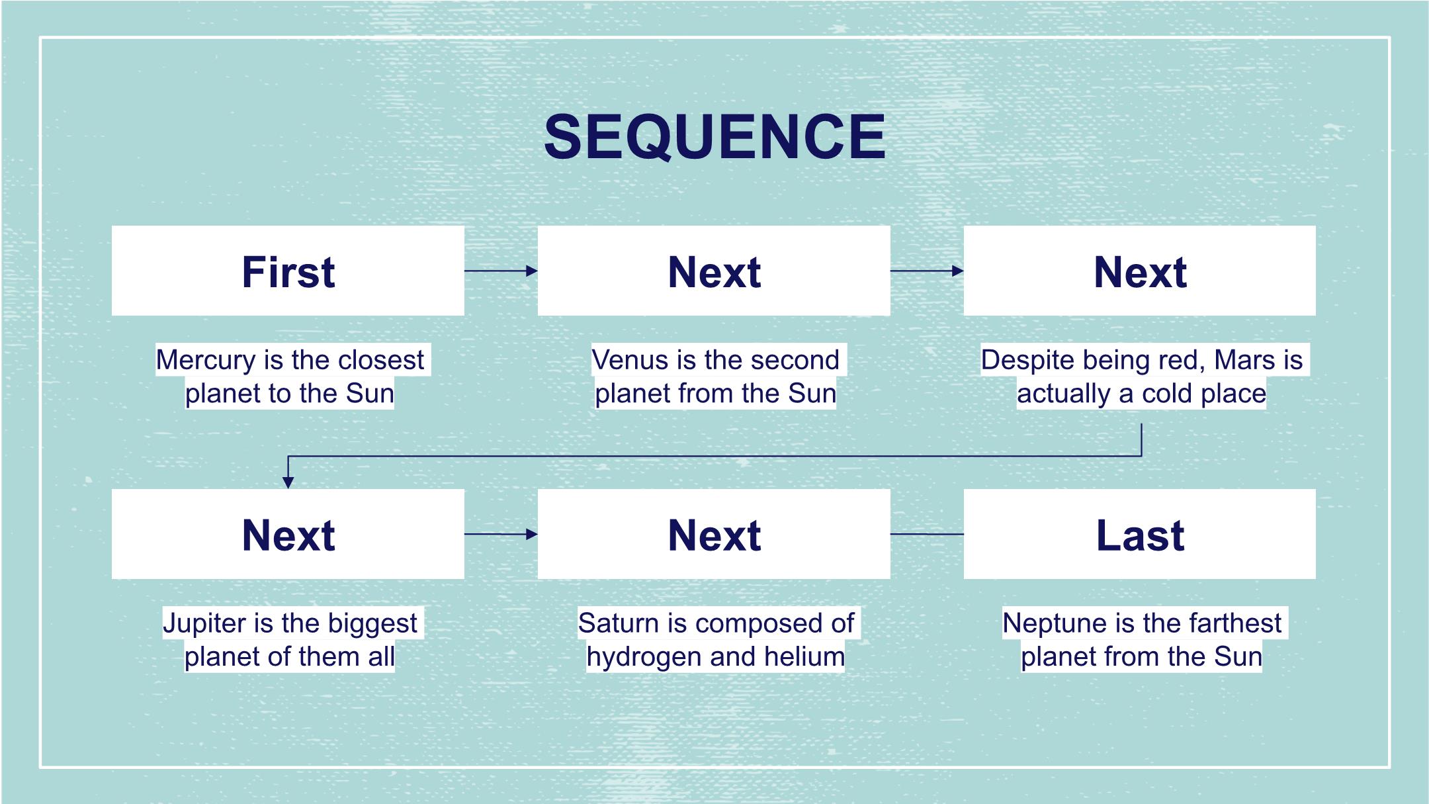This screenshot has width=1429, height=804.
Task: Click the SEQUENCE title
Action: pos(714,137)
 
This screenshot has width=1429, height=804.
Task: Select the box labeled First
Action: pos(288,271)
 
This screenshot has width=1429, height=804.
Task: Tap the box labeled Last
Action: pos(1139,534)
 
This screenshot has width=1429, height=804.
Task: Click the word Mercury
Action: pos(205,360)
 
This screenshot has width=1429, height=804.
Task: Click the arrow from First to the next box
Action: pos(501,271)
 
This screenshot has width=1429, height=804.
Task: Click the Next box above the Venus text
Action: pos(714,271)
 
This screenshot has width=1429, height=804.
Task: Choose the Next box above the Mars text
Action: pos(1139,271)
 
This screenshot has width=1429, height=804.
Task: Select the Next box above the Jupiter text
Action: pos(288,534)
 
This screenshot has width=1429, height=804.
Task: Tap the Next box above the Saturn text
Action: pos(714,534)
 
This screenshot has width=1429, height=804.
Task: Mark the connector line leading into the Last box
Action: pos(927,534)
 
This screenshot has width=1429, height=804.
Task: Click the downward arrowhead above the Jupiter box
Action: pos(288,483)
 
